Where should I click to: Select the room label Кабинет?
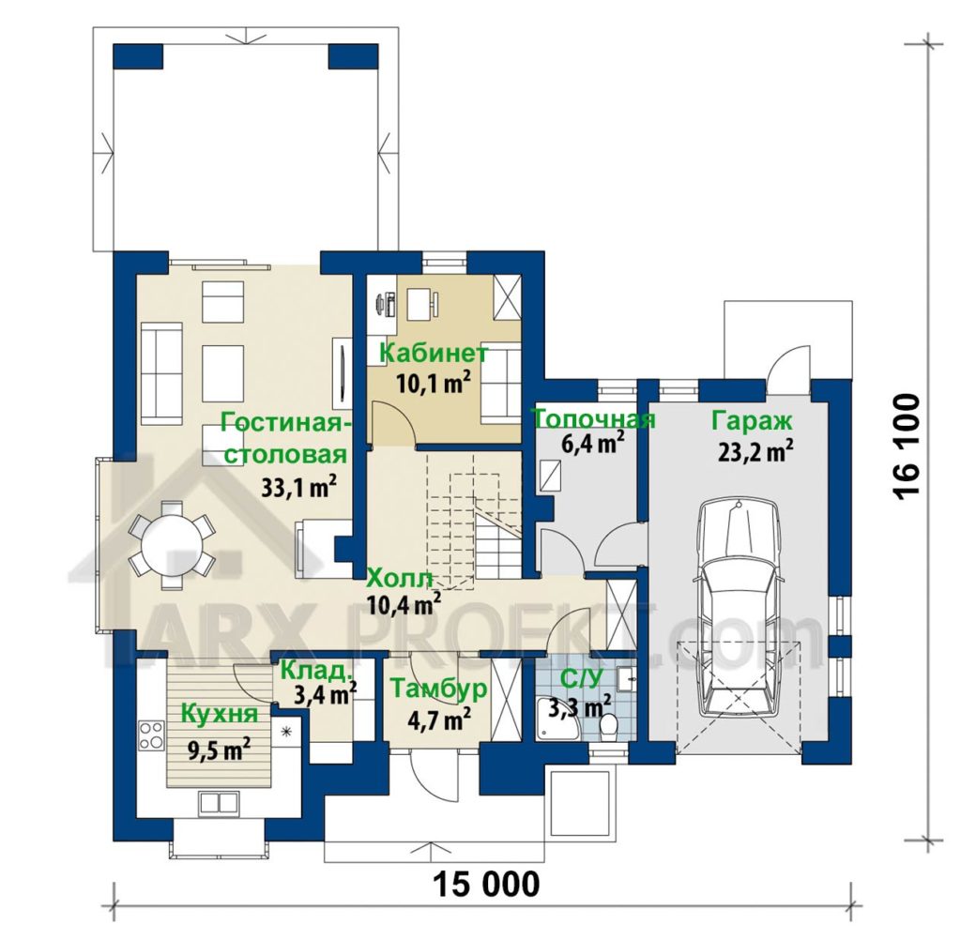[434, 354]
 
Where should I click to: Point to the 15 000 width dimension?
[487, 885]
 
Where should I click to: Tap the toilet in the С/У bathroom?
[608, 727]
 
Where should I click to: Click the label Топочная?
[594, 419]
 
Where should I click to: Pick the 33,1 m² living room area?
[298, 487]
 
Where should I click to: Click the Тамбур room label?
[438, 688]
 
